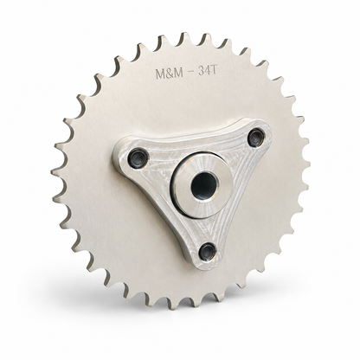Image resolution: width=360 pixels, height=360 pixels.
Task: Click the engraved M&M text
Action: click(x=170, y=74)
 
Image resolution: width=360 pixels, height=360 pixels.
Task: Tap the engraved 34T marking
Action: click(x=207, y=71)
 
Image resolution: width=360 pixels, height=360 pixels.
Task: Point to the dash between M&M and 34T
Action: click(x=190, y=73)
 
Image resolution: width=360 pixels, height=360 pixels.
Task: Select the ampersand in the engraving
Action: click(x=170, y=74)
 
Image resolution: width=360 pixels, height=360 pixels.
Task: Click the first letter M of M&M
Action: click(x=161, y=74)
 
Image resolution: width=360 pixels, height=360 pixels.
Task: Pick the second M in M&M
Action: click(x=178, y=73)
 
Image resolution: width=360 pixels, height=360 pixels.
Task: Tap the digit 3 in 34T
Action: click(x=201, y=72)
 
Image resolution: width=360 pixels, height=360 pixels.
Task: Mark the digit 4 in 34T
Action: click(x=207, y=71)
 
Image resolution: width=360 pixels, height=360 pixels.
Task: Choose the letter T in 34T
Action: click(x=213, y=71)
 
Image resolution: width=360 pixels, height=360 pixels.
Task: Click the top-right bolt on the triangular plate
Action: click(x=256, y=136)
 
